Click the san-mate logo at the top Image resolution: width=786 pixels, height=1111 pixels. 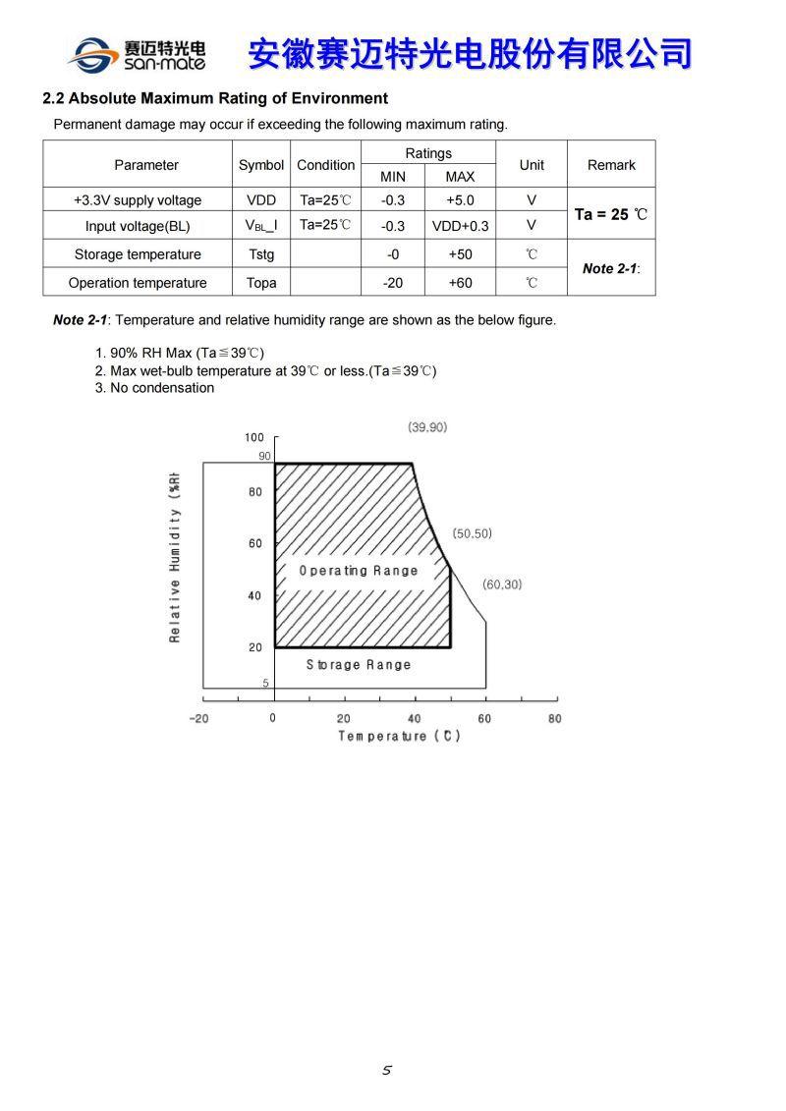[x=137, y=54]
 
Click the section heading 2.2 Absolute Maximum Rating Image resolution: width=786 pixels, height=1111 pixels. [x=215, y=98]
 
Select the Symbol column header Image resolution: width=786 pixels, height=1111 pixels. [x=261, y=165]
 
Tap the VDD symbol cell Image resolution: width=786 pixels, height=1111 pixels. [x=261, y=200]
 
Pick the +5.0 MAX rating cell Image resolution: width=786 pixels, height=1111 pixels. [x=460, y=200]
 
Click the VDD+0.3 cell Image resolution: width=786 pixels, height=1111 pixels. [x=460, y=226]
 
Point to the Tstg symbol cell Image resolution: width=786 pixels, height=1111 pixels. [x=261, y=254]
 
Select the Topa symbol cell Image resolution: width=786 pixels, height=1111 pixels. [x=261, y=283]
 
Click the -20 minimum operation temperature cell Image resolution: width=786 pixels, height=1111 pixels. [x=393, y=283]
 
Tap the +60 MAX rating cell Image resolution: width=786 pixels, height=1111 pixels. [x=460, y=283]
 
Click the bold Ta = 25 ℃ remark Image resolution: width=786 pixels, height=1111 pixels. [x=611, y=214]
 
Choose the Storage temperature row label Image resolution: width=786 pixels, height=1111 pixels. [x=138, y=254]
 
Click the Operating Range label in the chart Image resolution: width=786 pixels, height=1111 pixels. [x=359, y=571]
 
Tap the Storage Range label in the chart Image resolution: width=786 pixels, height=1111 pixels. [x=359, y=665]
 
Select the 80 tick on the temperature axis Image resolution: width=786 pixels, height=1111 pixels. [x=554, y=719]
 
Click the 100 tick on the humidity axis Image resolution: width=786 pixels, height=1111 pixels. [x=254, y=438]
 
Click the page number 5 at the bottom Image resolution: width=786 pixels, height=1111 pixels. [x=387, y=1071]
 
